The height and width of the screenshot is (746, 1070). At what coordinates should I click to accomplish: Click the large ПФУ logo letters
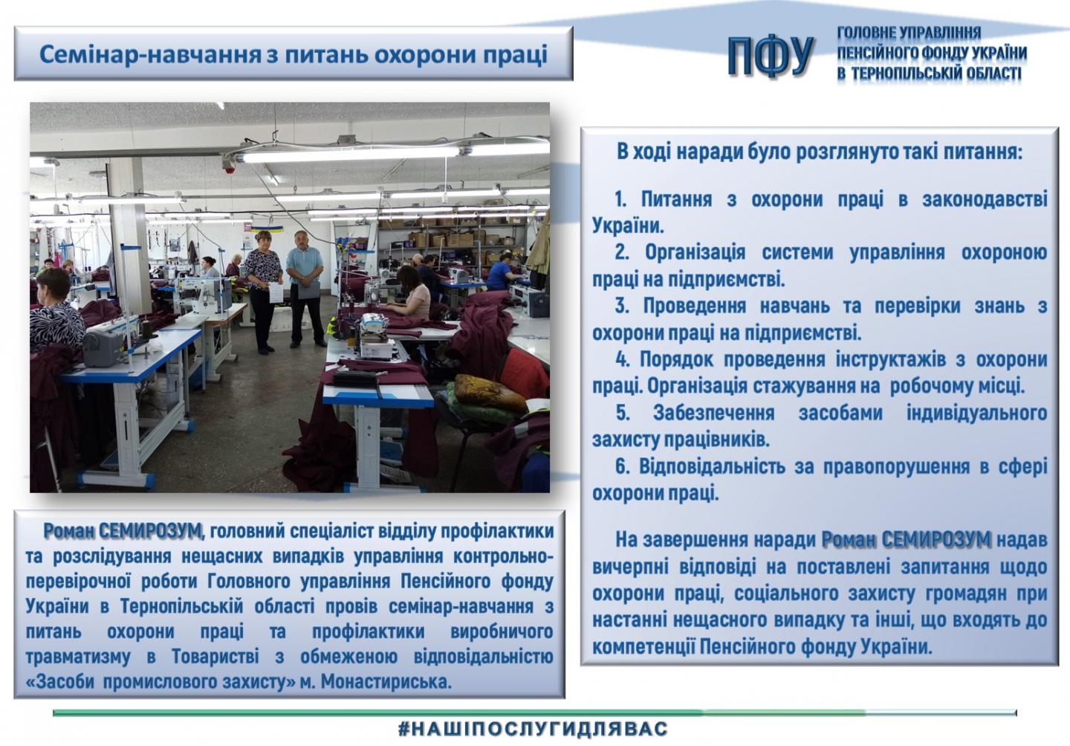tap(771, 57)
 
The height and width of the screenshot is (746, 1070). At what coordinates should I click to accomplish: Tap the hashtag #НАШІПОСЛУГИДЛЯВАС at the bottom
tap(533, 729)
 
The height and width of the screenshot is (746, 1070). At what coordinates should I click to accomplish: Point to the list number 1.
tap(620, 199)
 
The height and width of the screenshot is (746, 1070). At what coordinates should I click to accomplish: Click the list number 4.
tap(622, 359)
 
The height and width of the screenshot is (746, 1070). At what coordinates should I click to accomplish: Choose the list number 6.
tap(622, 466)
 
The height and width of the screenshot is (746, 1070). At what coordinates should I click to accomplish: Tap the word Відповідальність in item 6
tap(712, 466)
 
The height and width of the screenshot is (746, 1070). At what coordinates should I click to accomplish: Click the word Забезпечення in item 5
tap(713, 413)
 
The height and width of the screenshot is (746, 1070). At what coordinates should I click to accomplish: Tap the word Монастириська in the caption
tap(386, 681)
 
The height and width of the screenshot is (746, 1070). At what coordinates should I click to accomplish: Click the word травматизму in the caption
tap(77, 657)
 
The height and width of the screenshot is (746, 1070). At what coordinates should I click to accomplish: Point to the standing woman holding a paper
tap(264, 292)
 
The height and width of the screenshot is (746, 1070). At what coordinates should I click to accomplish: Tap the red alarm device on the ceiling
tap(230, 168)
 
